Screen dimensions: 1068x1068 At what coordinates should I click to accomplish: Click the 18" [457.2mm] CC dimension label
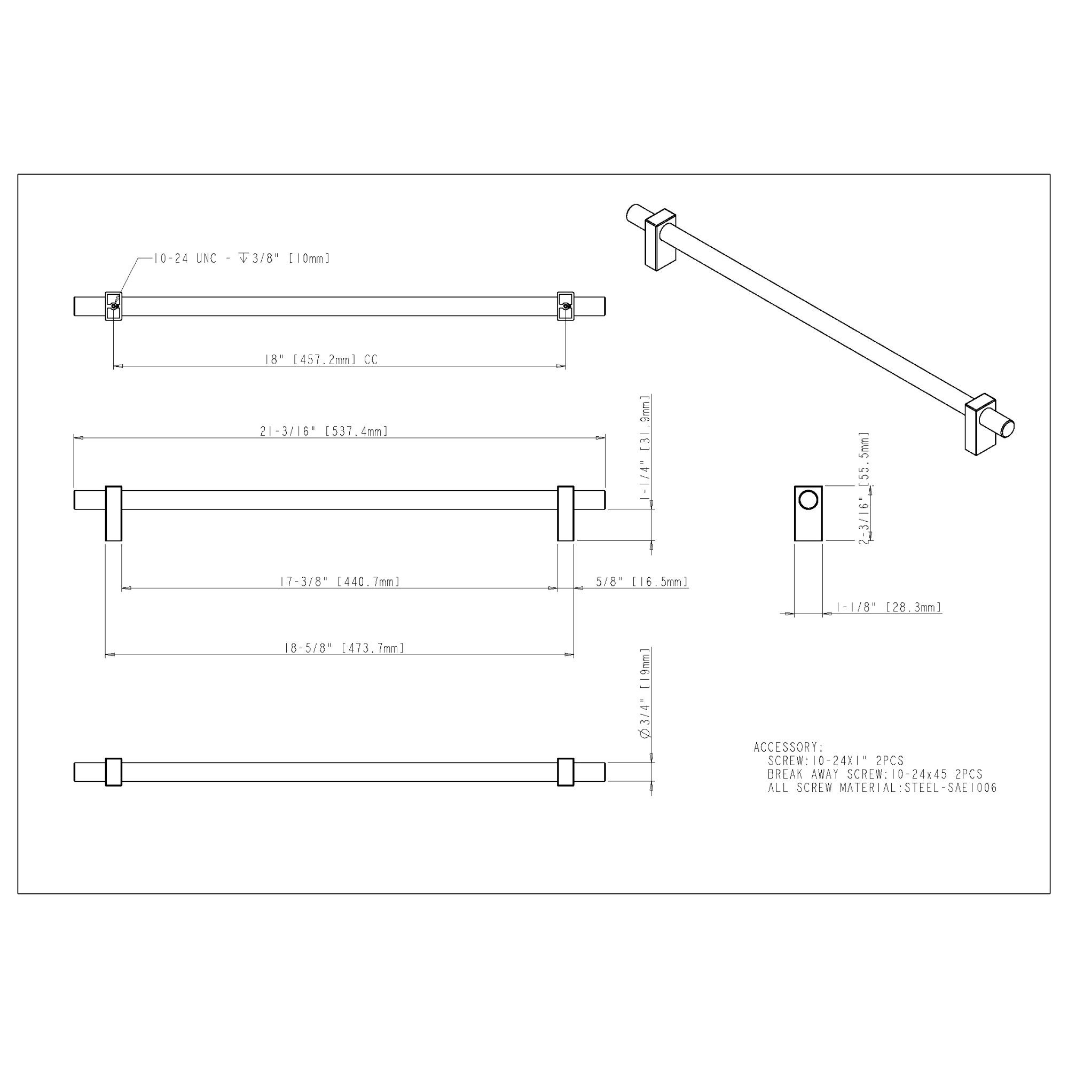click(x=321, y=360)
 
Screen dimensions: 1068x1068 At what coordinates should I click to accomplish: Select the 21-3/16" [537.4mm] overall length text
click(x=324, y=431)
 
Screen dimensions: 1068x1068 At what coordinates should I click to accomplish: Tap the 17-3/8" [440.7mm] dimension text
click(x=340, y=582)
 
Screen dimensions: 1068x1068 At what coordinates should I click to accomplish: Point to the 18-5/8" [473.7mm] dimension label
click(x=344, y=648)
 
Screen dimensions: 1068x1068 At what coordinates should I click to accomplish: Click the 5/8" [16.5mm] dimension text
click(x=642, y=582)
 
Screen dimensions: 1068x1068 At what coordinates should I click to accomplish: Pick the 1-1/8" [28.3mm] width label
click(x=889, y=608)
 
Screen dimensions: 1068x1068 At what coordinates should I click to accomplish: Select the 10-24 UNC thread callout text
click(x=241, y=258)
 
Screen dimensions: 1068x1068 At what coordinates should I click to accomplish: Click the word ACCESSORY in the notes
click(x=785, y=748)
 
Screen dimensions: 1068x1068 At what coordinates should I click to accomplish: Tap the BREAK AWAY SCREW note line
click(x=875, y=774)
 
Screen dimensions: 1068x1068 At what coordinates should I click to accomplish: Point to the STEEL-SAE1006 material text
click(x=951, y=788)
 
